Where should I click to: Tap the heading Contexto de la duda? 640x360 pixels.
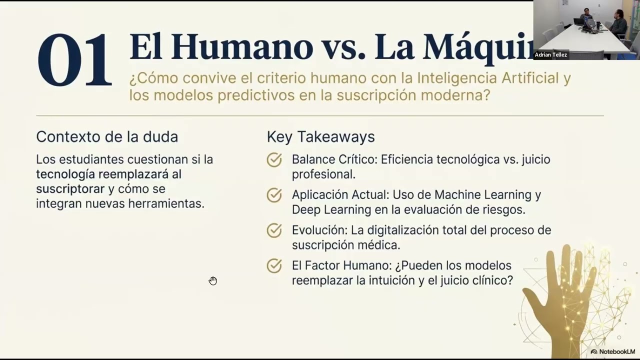click(107, 136)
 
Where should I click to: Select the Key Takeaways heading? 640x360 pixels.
click(320, 136)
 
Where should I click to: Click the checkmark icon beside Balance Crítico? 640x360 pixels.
click(274, 160)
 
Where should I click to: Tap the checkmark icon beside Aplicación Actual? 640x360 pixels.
click(274, 195)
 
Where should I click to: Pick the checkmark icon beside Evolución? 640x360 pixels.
click(274, 230)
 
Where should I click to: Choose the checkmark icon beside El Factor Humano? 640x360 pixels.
click(274, 265)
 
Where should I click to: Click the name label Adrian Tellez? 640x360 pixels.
click(551, 55)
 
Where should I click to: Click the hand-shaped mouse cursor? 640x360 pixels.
click(213, 280)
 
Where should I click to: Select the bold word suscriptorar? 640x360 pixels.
click(70, 189)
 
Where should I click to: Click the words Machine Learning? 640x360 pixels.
click(475, 194)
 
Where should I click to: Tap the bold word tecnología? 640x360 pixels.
click(65, 174)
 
